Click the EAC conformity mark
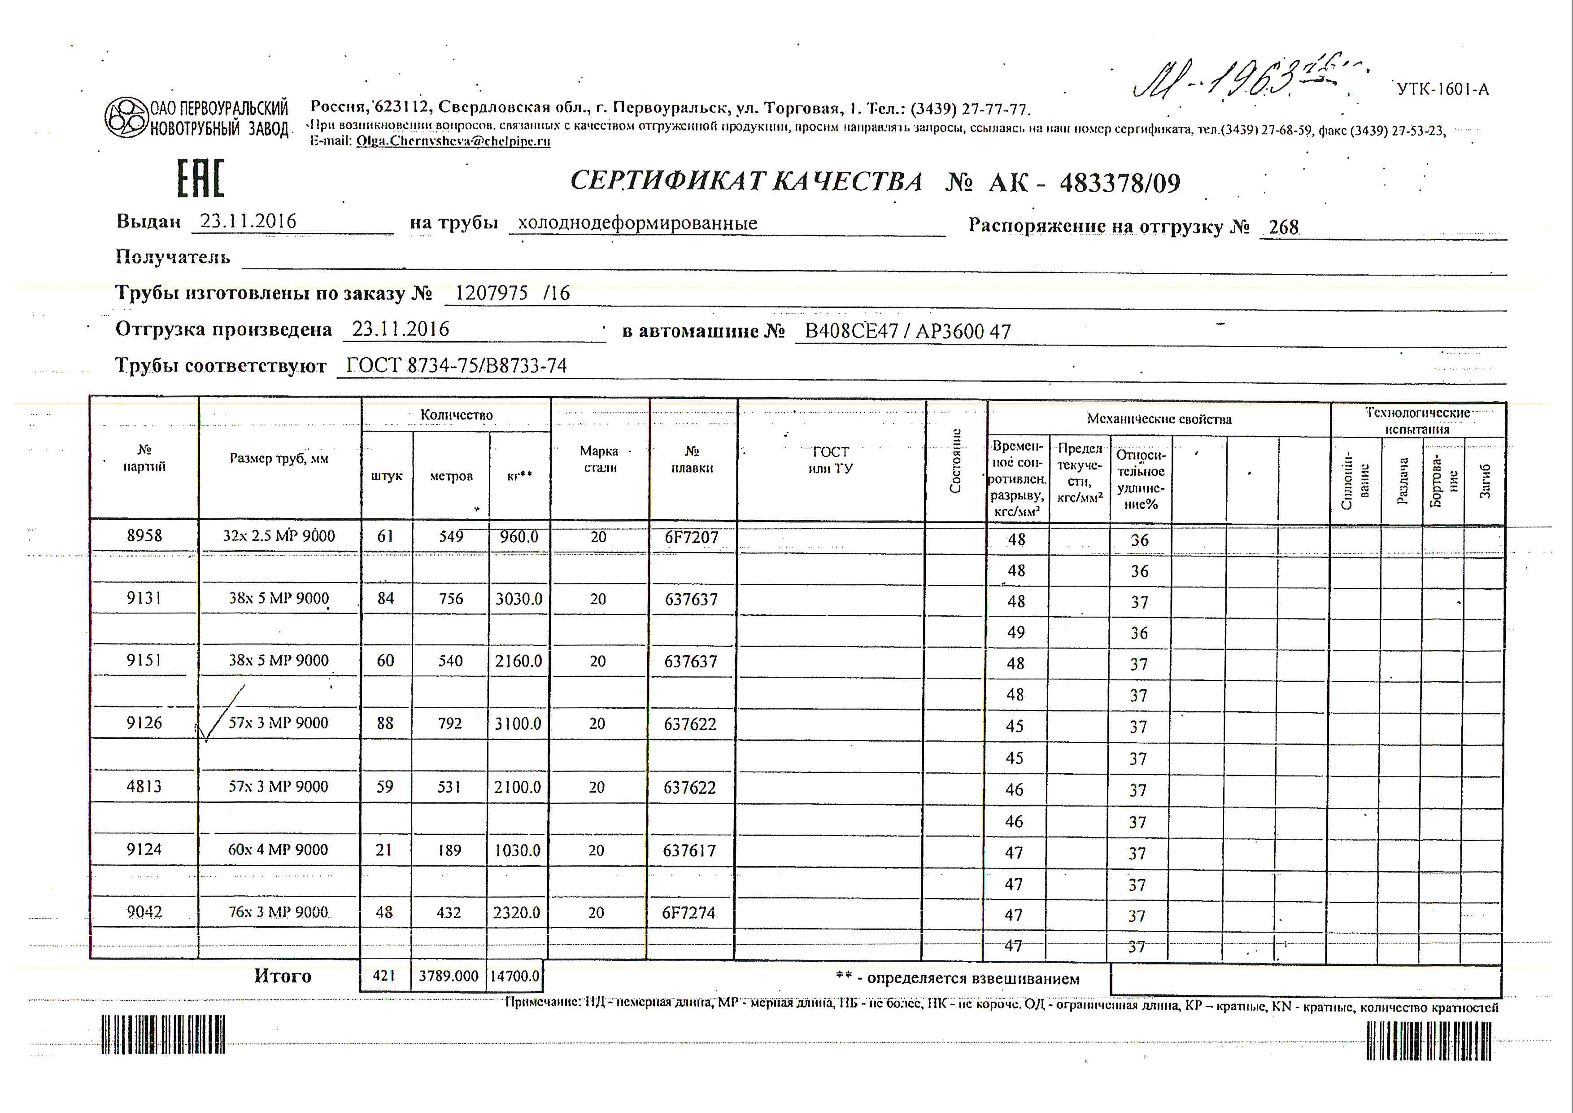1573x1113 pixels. pyautogui.click(x=201, y=179)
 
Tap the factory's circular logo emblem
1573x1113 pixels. pyautogui.click(x=127, y=117)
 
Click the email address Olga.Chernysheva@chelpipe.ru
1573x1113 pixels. pyautogui.click(x=453, y=141)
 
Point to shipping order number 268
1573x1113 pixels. pyautogui.click(x=1283, y=227)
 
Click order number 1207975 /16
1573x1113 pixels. pyautogui.click(x=512, y=294)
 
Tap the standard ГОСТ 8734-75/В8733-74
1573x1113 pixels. pyautogui.click(x=456, y=366)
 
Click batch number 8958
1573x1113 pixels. pyautogui.click(x=144, y=536)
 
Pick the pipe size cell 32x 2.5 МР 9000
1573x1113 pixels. pyautogui.click(x=279, y=536)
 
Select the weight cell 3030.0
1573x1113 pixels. pyautogui.click(x=519, y=599)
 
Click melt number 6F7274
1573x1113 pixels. pyautogui.click(x=688, y=913)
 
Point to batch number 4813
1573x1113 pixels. pyautogui.click(x=144, y=786)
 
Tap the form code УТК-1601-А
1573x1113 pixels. pyautogui.click(x=1442, y=90)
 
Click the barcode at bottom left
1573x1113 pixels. pyautogui.click(x=163, y=1034)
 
